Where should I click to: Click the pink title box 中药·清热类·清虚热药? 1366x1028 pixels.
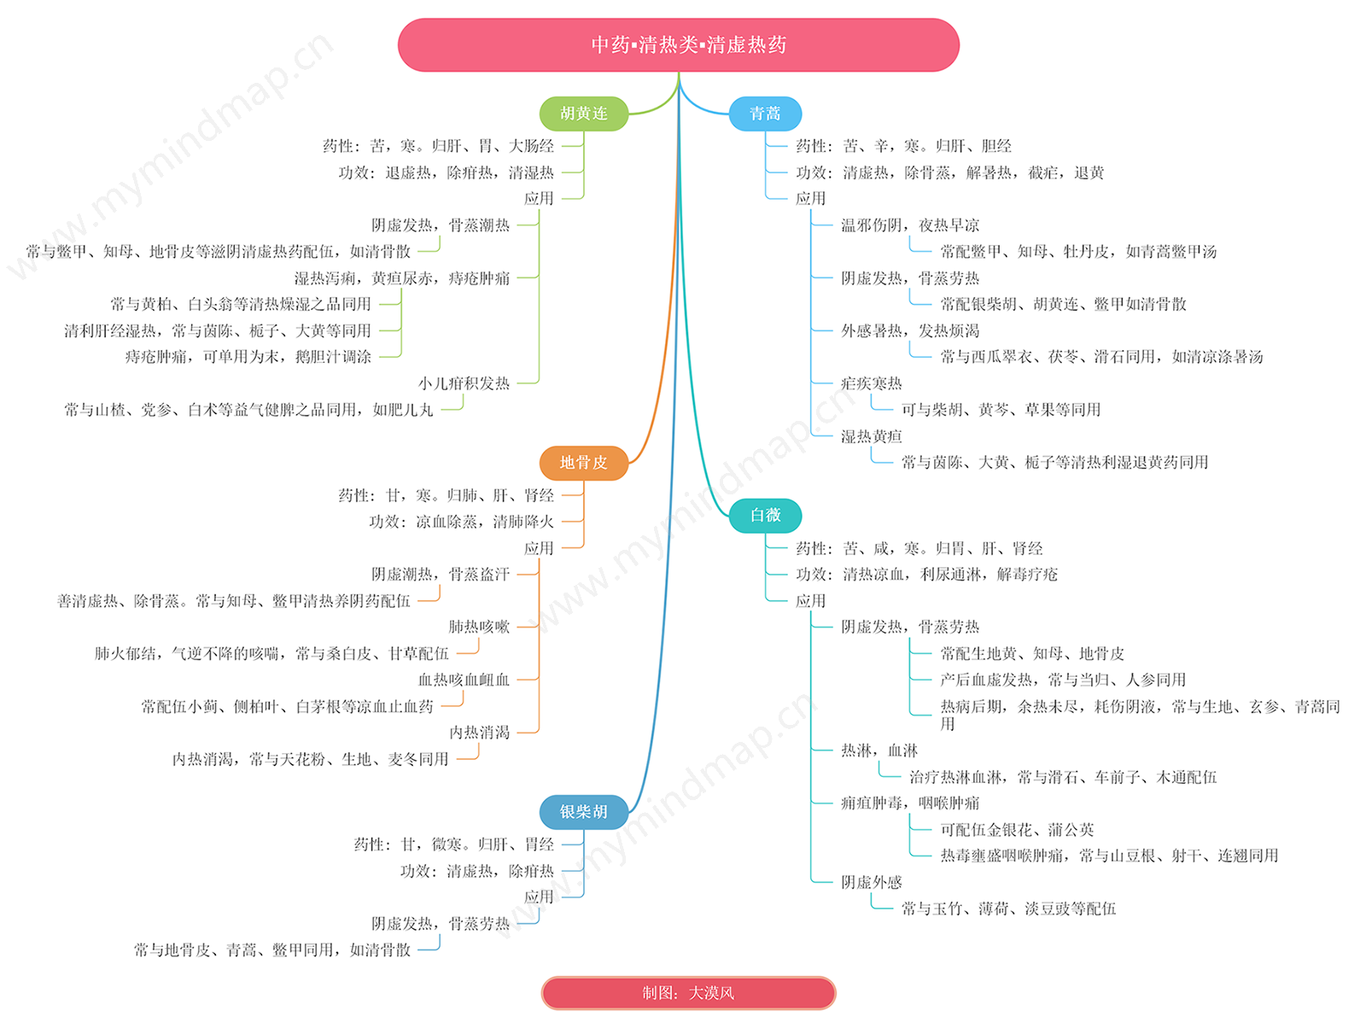(x=678, y=44)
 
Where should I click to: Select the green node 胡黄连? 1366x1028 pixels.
(x=583, y=114)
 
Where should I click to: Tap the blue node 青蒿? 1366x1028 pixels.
(x=764, y=114)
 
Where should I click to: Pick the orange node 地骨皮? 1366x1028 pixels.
(x=583, y=463)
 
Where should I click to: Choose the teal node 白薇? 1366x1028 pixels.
(x=764, y=515)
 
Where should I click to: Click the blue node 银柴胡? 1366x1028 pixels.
(x=583, y=811)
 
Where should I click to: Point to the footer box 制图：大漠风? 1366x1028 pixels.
(x=687, y=992)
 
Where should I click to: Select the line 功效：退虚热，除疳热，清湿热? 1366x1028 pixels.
(x=446, y=172)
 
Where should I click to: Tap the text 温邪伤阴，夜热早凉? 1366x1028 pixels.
(x=910, y=225)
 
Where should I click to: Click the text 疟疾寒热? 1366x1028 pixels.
(x=872, y=383)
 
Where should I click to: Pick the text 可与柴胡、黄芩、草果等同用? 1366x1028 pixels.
(x=1001, y=410)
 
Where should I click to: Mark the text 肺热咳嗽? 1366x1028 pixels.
(x=479, y=627)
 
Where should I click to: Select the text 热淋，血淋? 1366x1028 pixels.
(x=879, y=751)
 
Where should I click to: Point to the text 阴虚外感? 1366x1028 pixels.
(x=872, y=882)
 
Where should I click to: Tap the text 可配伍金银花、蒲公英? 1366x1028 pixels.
(x=1017, y=830)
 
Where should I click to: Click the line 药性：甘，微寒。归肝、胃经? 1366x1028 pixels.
(x=453, y=844)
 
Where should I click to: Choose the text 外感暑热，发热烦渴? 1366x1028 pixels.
(x=910, y=330)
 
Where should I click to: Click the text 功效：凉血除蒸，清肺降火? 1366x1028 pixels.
(x=461, y=522)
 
